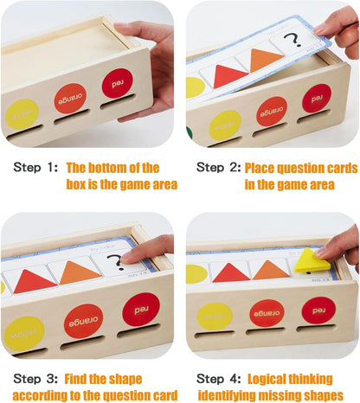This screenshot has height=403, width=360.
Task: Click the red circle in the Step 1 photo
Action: (x=117, y=83)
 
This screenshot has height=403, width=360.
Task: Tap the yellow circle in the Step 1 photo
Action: (x=22, y=114)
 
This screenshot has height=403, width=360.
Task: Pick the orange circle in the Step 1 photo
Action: (x=70, y=99)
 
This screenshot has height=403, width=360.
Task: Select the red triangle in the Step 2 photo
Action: (x=229, y=76)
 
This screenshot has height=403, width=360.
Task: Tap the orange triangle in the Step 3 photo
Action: (x=80, y=272)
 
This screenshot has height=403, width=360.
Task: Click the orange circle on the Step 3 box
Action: (x=83, y=320)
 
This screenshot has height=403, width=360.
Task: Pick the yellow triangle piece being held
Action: (x=311, y=259)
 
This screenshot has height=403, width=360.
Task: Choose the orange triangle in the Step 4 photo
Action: (x=271, y=270)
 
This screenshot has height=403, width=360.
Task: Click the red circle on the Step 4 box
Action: (x=318, y=310)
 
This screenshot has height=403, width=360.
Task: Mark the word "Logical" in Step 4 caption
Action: (x=270, y=378)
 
